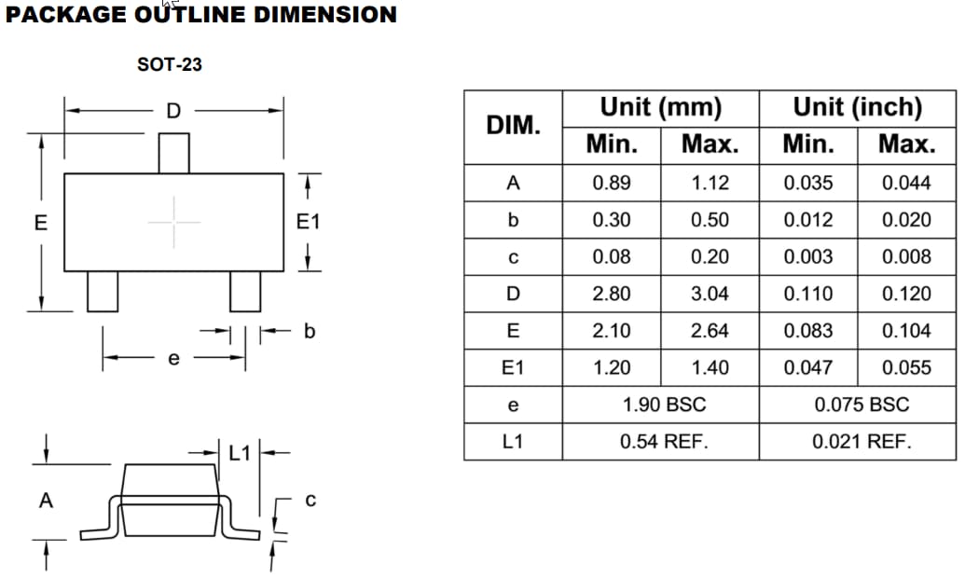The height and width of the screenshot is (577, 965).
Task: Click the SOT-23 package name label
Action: tap(169, 65)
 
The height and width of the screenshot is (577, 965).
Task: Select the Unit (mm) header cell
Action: tap(660, 107)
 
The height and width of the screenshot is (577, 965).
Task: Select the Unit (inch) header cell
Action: tap(857, 107)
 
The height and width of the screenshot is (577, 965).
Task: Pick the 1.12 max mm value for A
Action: tap(710, 183)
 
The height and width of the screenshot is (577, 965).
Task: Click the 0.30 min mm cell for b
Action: tap(611, 220)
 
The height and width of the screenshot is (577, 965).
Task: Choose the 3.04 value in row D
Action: tap(710, 294)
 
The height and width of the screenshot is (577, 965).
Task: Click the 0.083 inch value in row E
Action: tap(807, 331)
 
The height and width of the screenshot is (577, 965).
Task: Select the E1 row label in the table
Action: tap(513, 367)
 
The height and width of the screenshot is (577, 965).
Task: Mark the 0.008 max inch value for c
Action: tap(905, 257)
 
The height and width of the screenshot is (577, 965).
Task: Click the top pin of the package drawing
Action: tap(173, 153)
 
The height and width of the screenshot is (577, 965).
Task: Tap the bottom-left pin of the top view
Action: tap(103, 291)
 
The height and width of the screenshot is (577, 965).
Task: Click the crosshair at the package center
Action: tap(173, 222)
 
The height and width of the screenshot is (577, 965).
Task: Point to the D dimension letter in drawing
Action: tap(172, 111)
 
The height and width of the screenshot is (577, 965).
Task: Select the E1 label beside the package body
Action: tap(308, 223)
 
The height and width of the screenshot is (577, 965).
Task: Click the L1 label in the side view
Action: tap(240, 453)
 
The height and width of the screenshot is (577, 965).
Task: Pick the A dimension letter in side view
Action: tap(45, 501)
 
